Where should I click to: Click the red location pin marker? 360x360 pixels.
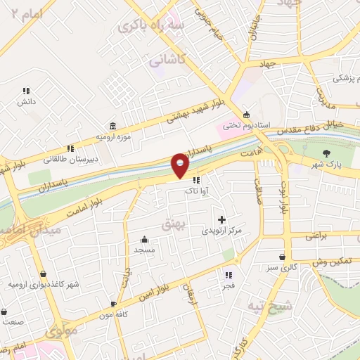click(180, 165)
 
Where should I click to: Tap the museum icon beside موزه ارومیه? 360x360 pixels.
click(114, 124)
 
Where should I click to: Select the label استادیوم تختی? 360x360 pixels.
click(246, 126)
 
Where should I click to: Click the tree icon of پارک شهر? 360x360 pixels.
click(325, 153)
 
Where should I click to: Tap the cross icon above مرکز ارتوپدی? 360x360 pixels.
click(222, 219)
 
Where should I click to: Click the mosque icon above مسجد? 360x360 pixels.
click(144, 239)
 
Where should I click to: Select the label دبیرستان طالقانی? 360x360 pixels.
click(70, 159)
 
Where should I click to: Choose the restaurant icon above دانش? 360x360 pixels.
click(26, 91)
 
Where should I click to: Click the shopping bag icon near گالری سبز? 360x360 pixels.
click(282, 257)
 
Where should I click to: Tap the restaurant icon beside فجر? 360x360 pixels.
click(228, 274)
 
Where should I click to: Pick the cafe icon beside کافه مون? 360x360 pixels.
click(113, 304)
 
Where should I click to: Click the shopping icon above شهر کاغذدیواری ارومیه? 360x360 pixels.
click(44, 274)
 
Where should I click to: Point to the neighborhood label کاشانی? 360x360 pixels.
click(166, 62)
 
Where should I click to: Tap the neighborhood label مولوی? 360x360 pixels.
click(61, 330)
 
